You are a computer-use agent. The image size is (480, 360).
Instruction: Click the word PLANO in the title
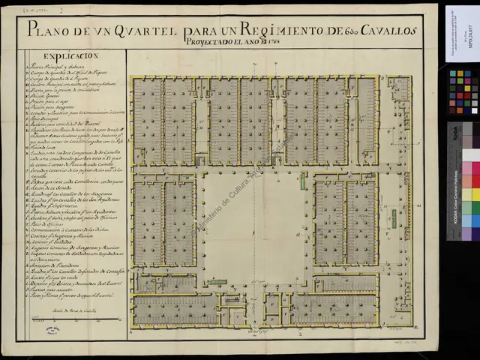click(x=52, y=31)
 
